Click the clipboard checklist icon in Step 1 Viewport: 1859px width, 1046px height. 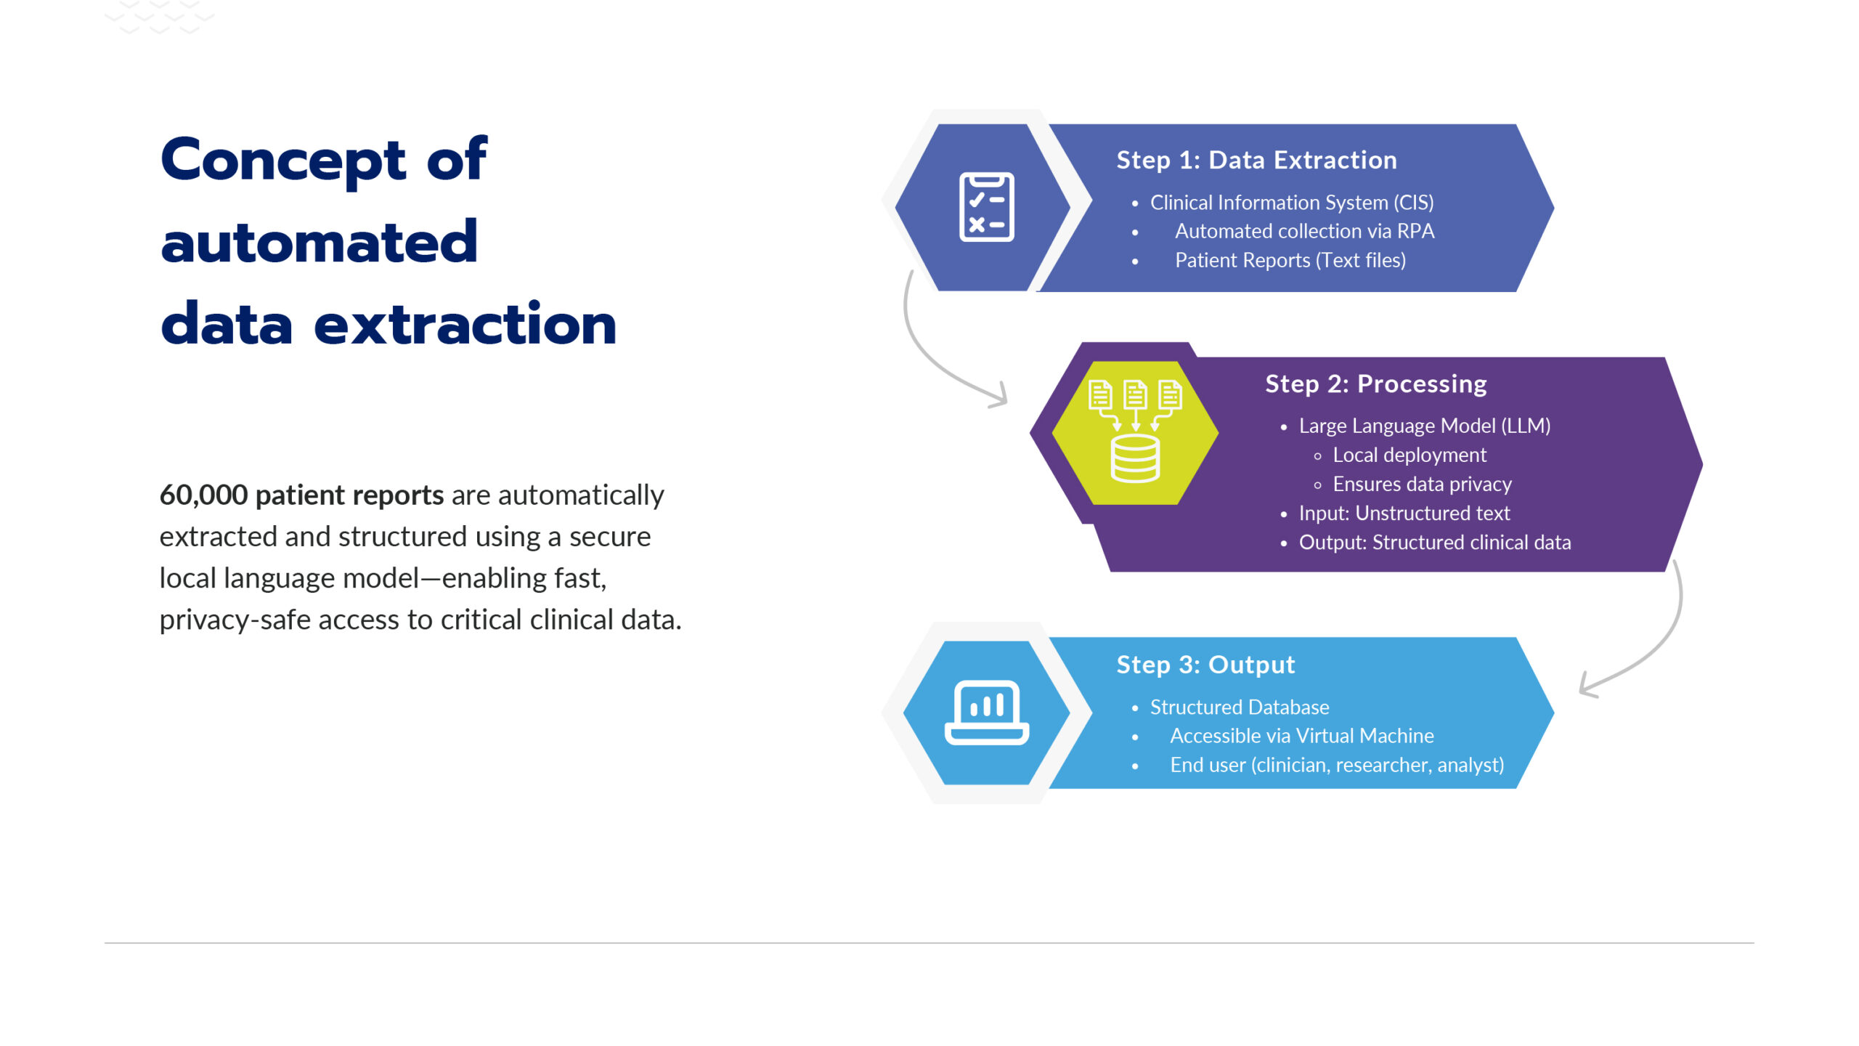986,207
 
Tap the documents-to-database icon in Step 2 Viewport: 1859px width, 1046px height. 1135,431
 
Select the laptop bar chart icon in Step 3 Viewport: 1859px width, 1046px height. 986,713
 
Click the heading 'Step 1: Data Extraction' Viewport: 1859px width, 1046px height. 1256,160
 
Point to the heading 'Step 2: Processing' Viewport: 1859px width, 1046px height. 1375,384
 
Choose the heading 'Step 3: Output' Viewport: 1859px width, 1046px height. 1205,665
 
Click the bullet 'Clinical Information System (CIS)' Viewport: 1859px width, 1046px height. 1291,202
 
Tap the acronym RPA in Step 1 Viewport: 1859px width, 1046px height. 1415,231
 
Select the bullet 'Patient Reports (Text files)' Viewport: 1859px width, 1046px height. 1290,260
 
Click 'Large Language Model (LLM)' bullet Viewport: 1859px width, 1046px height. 1424,426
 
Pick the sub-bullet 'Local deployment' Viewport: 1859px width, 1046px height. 1409,455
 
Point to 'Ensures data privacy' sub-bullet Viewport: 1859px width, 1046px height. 1422,484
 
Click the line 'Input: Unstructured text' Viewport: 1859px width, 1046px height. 1404,513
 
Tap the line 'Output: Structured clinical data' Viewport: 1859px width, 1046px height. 1434,542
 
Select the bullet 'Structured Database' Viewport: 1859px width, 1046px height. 1239,707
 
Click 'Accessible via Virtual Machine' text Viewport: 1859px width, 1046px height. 1301,736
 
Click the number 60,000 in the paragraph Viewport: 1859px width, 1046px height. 203,495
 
